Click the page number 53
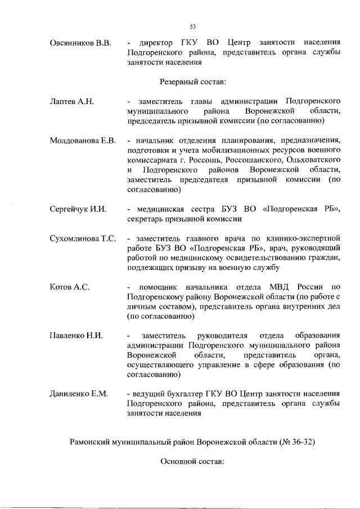(192, 26)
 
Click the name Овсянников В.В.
(82, 43)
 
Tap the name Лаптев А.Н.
(70, 102)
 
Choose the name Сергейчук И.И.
(78, 210)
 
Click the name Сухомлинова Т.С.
(83, 239)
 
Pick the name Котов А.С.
(70, 287)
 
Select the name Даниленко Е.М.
(78, 393)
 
